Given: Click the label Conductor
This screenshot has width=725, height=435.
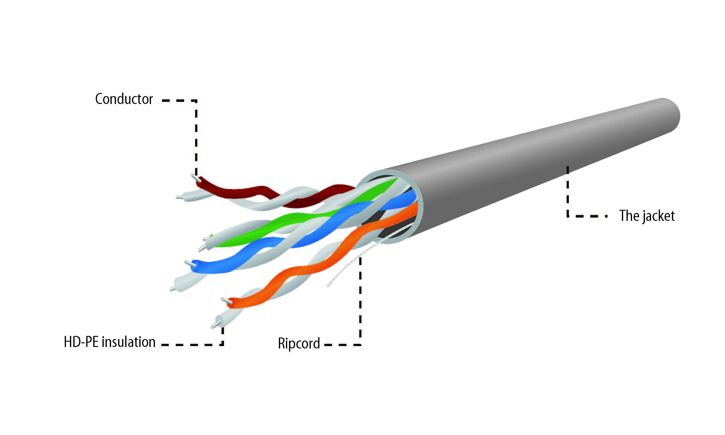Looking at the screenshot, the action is coord(124,99).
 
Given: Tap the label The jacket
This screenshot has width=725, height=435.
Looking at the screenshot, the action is coord(647,216).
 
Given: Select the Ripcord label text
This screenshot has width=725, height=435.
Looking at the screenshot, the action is coord(299,343).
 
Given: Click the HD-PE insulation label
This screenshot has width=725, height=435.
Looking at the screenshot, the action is coord(110,342).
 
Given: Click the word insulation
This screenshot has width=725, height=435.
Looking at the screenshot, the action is coord(129,342).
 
